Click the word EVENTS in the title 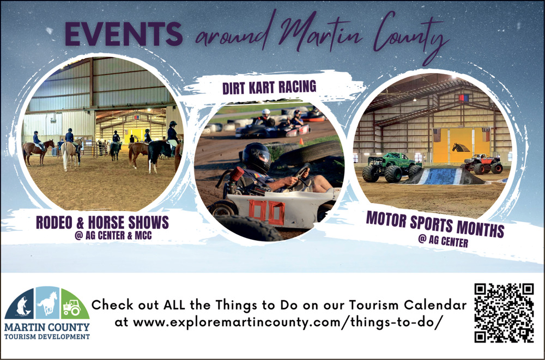point(123,34)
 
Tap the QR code point(504,313)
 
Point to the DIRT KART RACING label point(269,87)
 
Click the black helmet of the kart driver point(257,157)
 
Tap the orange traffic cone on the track point(301,141)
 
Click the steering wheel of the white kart point(301,174)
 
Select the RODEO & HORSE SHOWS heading point(102,223)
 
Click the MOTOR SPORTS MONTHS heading point(435,224)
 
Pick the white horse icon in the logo point(47,303)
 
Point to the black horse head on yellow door point(461,148)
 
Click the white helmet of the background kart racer point(266,113)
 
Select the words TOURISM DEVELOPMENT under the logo point(47,337)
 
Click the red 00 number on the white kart point(267,212)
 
